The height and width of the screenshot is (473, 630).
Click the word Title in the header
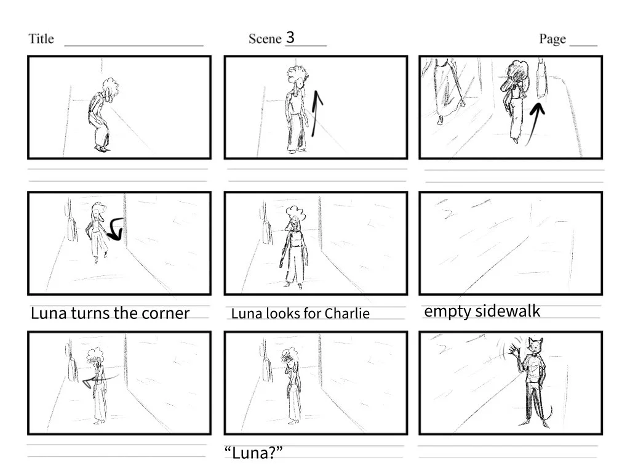coord(41,39)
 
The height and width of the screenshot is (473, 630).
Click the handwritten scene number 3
coord(290,38)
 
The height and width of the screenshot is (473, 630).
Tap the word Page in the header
coord(552,39)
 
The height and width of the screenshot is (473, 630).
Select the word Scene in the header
coord(265,39)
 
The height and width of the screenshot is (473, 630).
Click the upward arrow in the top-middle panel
coord(316,113)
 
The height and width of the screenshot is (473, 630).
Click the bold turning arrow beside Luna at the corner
coord(116,228)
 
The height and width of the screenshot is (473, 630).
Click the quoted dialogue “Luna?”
coord(253,453)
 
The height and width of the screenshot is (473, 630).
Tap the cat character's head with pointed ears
coord(535,346)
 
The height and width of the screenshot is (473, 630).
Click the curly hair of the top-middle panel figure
coord(297,75)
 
